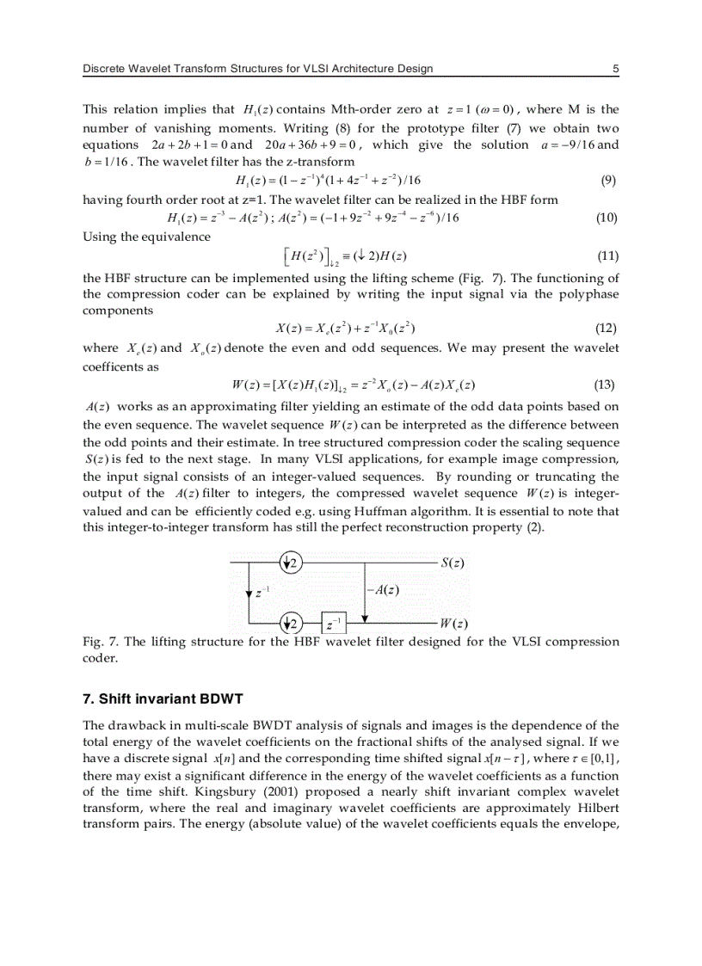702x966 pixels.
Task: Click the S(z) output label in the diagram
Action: pyautogui.click(x=453, y=563)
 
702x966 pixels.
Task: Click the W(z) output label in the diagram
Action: pyautogui.click(x=453, y=623)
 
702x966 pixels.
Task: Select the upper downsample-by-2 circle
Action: pyautogui.click(x=292, y=563)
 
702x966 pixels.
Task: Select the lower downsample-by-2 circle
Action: pyautogui.click(x=292, y=623)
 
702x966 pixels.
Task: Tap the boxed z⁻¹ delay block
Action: pyautogui.click(x=336, y=623)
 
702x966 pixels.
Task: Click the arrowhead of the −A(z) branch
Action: pyautogui.click(x=366, y=617)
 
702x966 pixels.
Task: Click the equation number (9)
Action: pyautogui.click(x=607, y=181)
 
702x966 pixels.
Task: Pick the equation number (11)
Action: pyautogui.click(x=607, y=255)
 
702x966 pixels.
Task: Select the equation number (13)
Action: pyautogui.click(x=607, y=385)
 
